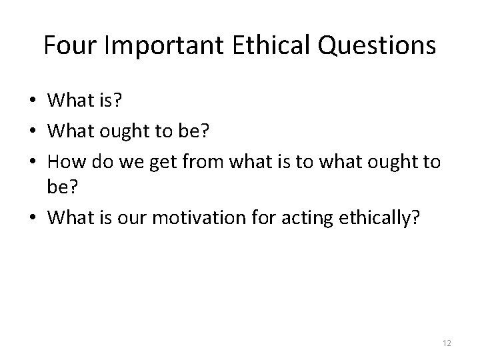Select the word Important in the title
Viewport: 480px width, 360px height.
[x=166, y=45]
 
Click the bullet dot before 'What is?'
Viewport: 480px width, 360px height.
[x=33, y=101]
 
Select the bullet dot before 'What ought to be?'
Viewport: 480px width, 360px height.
[x=33, y=132]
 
